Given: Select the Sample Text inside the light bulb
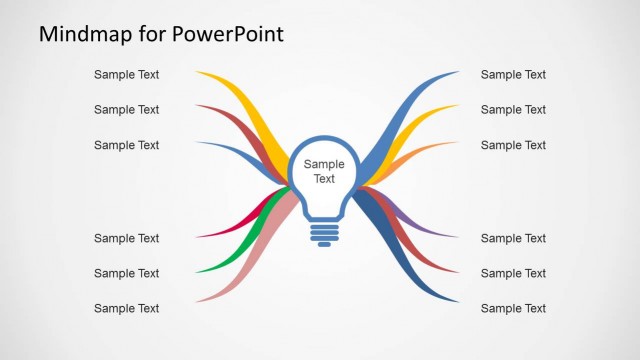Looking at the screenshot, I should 323,172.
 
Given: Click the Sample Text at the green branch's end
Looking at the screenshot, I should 126,273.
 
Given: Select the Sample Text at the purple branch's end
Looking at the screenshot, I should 513,238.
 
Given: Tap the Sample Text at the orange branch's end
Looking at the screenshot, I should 513,145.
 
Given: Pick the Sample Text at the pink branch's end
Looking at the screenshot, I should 126,308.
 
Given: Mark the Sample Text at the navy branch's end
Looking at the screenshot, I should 513,308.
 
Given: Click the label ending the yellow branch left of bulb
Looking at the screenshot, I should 126,74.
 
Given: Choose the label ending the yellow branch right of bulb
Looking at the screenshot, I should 513,110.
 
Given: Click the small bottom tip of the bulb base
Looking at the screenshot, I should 323,245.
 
